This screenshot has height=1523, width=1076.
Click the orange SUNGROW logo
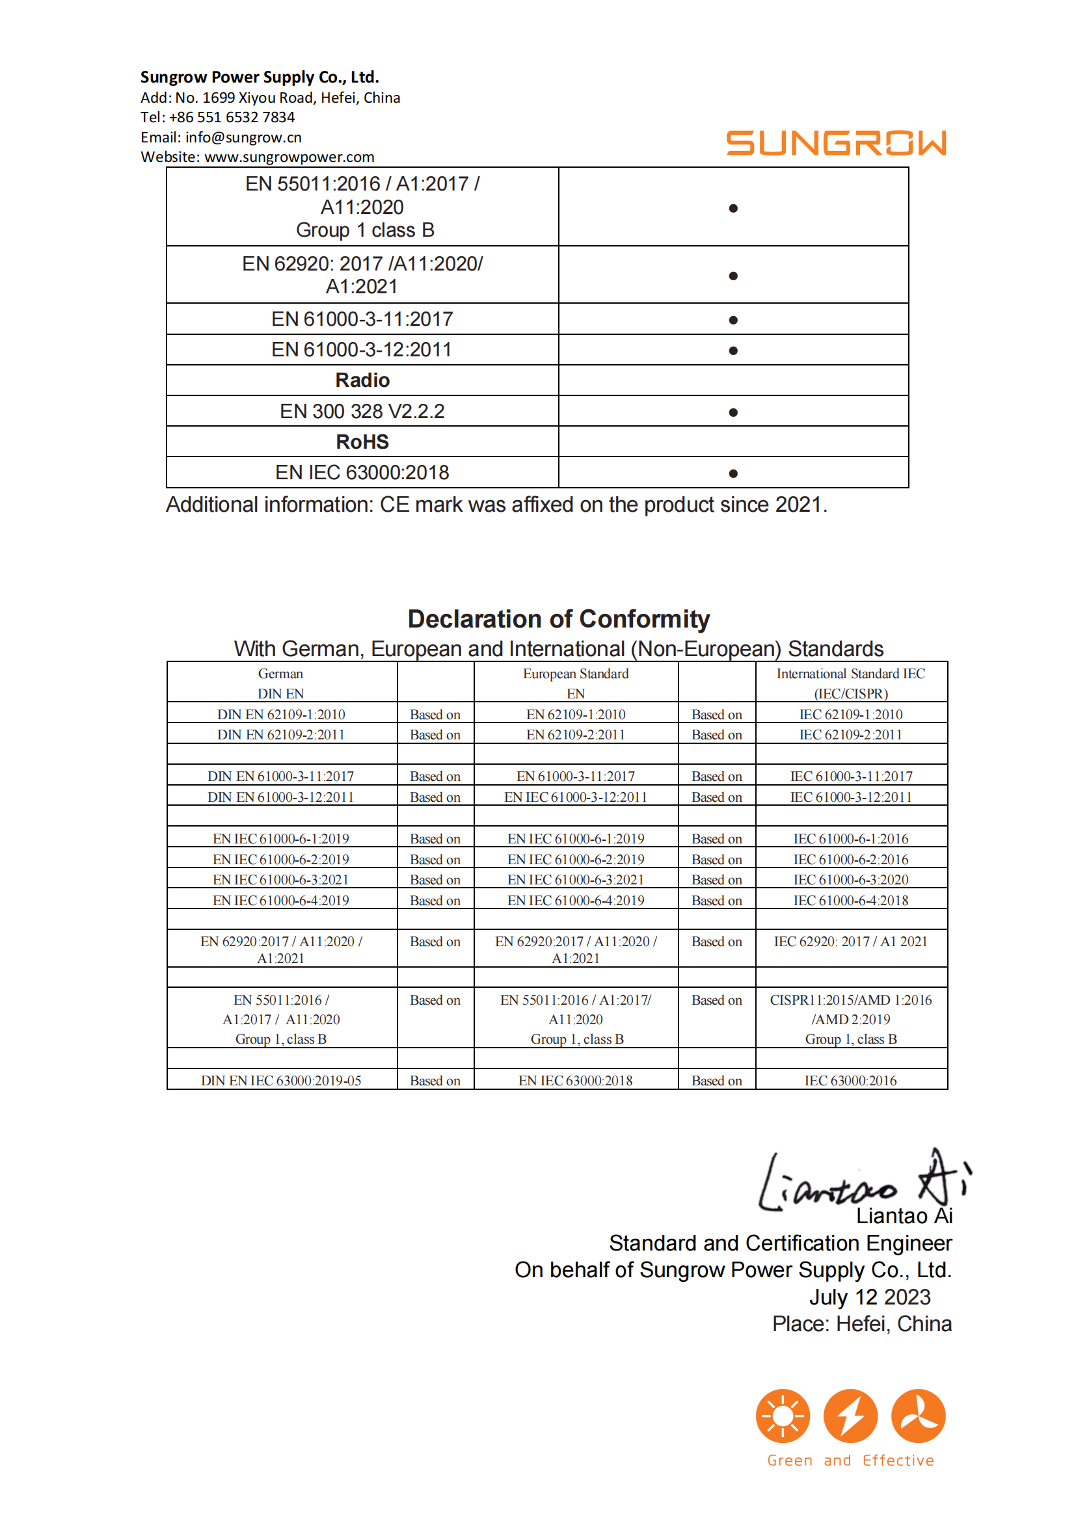835,143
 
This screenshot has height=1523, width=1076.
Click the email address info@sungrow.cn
243,137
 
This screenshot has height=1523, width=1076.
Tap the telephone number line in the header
217,118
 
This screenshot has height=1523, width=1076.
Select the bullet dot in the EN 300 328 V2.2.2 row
733,412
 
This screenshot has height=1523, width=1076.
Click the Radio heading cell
362,380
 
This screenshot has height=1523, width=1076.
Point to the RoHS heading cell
362,442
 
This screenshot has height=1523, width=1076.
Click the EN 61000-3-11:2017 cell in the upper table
362,319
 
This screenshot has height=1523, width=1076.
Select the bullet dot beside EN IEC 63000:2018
733,473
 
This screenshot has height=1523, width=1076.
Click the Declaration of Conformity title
559,619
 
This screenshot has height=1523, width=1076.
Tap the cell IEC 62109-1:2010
850,715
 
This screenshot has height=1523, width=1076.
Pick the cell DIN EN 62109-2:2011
280,734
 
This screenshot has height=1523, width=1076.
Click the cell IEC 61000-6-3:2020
850,880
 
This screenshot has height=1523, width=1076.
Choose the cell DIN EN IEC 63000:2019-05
280,1081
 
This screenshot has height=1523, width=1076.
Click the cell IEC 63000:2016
850,1081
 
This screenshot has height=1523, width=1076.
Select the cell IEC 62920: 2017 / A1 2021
850,941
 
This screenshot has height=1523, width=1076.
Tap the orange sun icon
783,1416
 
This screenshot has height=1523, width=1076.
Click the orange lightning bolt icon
850,1416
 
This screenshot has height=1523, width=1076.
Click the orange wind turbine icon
918,1416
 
